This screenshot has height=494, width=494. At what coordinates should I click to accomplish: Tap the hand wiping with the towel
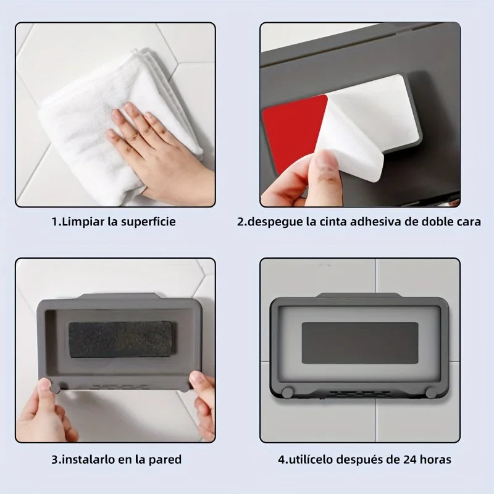click(x=154, y=154)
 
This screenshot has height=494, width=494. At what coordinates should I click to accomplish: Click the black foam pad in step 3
click(x=119, y=339)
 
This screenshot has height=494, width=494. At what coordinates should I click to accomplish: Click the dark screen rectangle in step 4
click(x=359, y=343)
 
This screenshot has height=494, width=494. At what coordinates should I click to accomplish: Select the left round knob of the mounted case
click(x=287, y=392)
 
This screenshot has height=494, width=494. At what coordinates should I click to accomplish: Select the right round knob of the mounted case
click(x=430, y=393)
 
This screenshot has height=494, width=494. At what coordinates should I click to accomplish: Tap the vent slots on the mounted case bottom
click(x=360, y=393)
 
